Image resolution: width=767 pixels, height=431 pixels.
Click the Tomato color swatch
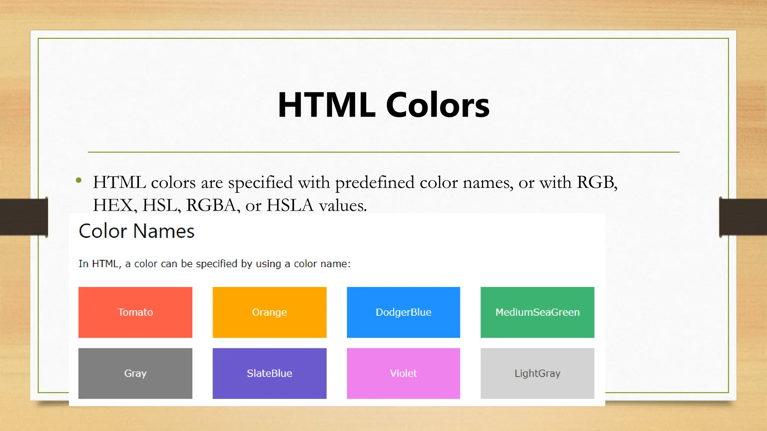pos(135,312)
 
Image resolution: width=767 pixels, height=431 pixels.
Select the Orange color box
pos(269,312)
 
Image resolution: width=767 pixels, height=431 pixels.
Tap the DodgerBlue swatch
pos(403,312)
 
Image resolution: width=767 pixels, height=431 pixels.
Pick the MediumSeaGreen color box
pos(537,312)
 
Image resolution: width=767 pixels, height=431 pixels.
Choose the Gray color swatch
pos(135,373)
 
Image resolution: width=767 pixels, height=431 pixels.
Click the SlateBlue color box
pos(269,373)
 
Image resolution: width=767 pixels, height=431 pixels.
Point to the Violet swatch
pos(403,373)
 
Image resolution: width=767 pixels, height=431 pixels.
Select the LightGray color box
pos(537,373)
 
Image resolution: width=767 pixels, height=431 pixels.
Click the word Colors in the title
pos(437,105)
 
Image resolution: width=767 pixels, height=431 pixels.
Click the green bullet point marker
pos(79,181)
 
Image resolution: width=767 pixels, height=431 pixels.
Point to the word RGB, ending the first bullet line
pos(597,183)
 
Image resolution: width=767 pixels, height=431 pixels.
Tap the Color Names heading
pos(137,231)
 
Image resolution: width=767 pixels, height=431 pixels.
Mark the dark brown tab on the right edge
pos(743,217)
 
